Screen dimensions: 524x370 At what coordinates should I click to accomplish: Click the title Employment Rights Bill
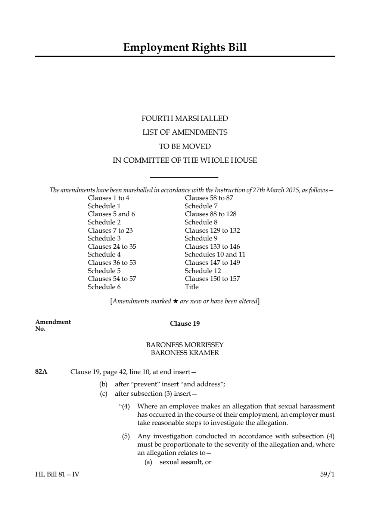(x=185, y=48)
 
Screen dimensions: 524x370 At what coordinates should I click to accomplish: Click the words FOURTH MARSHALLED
(x=185, y=119)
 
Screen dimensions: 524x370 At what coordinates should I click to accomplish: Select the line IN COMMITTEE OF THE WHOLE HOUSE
(x=185, y=160)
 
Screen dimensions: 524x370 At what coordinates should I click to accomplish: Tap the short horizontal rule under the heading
(x=184, y=177)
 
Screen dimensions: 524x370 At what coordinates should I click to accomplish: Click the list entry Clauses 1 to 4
(x=109, y=198)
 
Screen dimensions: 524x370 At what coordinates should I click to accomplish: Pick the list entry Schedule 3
(x=104, y=238)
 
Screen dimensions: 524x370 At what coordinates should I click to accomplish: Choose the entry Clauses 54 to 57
(x=112, y=279)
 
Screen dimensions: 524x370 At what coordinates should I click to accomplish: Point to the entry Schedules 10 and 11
(x=215, y=254)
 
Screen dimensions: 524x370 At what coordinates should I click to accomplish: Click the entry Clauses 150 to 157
(x=212, y=279)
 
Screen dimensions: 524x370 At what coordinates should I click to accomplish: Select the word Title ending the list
(x=192, y=287)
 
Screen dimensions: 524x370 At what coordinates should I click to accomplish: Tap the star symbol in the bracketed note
(x=175, y=301)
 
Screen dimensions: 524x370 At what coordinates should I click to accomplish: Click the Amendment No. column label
(x=53, y=325)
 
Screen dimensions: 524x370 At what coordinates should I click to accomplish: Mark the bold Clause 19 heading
(x=185, y=324)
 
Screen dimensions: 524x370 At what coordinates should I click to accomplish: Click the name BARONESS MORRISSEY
(x=185, y=344)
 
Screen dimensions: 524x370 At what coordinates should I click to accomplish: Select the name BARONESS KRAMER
(x=185, y=353)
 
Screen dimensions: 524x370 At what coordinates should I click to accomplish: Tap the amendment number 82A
(x=41, y=372)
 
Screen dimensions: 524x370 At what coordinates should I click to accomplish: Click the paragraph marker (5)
(x=125, y=436)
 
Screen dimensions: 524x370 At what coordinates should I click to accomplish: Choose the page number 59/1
(x=327, y=474)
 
